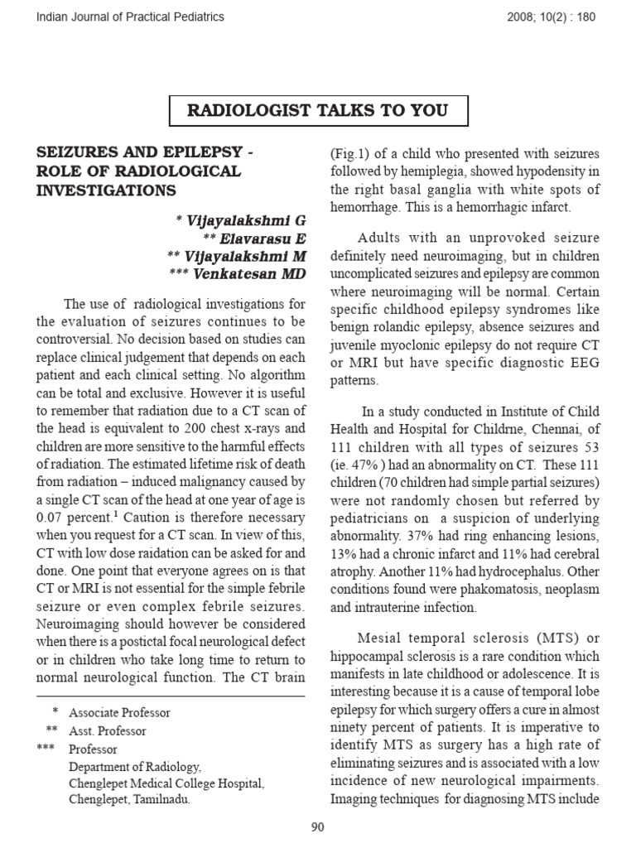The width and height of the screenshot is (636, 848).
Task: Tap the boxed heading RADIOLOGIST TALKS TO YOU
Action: (319, 111)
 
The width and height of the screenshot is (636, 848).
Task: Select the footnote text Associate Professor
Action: (119, 712)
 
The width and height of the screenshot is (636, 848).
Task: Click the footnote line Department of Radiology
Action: (135, 767)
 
